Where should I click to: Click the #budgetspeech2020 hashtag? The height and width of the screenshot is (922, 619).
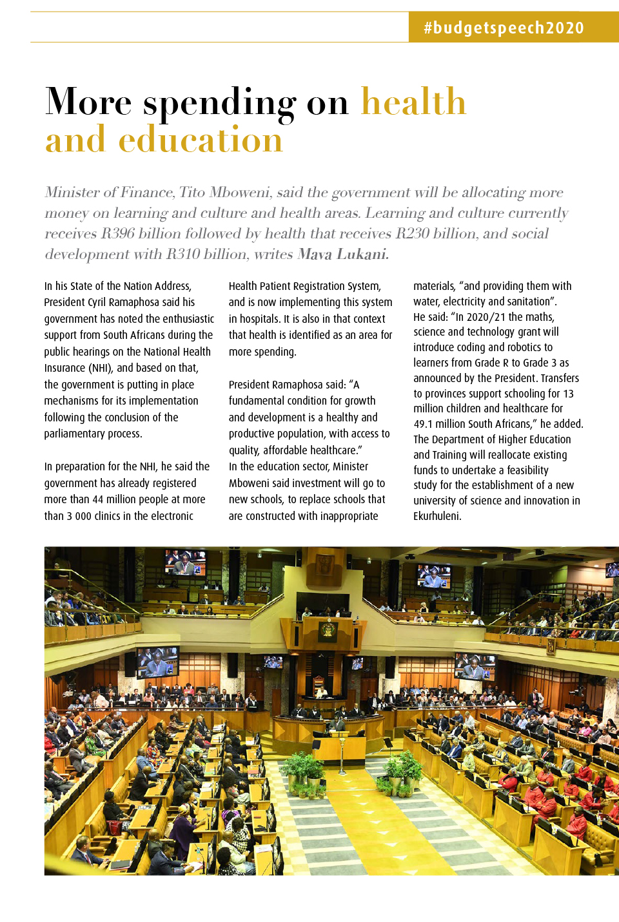pos(504,28)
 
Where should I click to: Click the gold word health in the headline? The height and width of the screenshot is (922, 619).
pos(413,102)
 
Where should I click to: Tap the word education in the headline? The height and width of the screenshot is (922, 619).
pos(201,140)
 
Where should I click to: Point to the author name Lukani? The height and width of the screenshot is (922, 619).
pos(362,255)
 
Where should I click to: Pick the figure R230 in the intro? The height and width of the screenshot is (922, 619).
pos(412,234)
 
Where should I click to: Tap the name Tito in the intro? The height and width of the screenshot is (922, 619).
pos(192,193)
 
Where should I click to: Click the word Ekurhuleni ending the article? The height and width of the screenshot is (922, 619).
pos(437,516)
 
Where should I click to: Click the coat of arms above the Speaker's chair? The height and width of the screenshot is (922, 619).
pos(328,629)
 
